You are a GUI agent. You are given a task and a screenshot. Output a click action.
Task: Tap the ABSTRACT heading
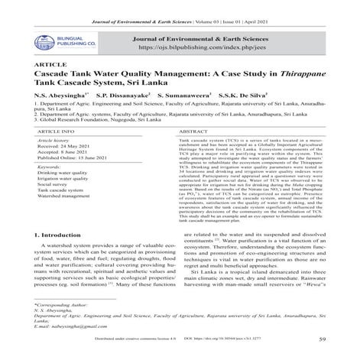pos(196,154)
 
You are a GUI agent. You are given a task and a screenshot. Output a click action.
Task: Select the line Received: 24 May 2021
pos(51,170)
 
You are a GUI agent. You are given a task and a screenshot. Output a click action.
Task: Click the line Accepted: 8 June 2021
pos(50,177)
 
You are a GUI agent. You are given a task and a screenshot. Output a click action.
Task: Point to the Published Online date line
pos(60,184)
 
